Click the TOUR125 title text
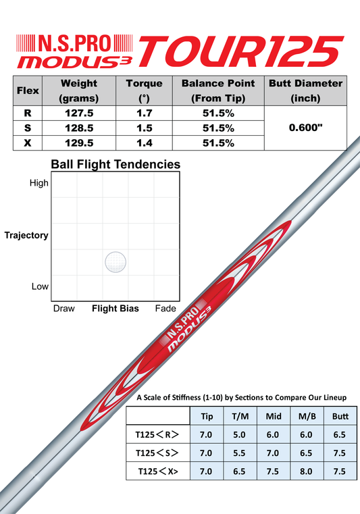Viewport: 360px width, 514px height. click(241, 51)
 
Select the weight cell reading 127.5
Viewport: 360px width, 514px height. click(79, 113)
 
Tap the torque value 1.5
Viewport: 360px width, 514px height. click(145, 128)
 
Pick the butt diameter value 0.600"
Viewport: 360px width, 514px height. click(305, 128)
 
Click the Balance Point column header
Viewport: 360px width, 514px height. click(218, 91)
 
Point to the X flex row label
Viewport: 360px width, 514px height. click(28, 143)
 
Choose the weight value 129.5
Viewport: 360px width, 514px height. click(79, 143)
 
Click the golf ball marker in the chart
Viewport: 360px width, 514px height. click(115, 262)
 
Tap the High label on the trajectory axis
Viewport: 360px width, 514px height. click(38, 183)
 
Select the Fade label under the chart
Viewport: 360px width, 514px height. click(165, 309)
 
